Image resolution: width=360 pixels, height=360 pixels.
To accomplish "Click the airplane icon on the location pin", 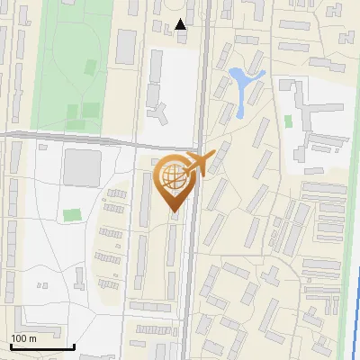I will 203,164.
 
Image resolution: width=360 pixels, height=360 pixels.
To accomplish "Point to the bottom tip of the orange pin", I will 174,212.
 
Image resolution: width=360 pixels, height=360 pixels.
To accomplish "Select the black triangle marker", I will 182,25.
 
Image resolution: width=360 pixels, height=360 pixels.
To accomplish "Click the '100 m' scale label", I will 24,338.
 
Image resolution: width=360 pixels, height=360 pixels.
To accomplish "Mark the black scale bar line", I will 41,346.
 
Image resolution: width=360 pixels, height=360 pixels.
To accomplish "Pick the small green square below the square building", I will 71,215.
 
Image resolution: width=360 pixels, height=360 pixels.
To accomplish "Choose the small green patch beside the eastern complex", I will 288,121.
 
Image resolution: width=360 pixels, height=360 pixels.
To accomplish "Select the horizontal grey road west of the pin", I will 72,136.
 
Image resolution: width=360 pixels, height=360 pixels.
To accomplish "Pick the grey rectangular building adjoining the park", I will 126,46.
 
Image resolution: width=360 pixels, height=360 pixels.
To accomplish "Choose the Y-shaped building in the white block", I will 158,112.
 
